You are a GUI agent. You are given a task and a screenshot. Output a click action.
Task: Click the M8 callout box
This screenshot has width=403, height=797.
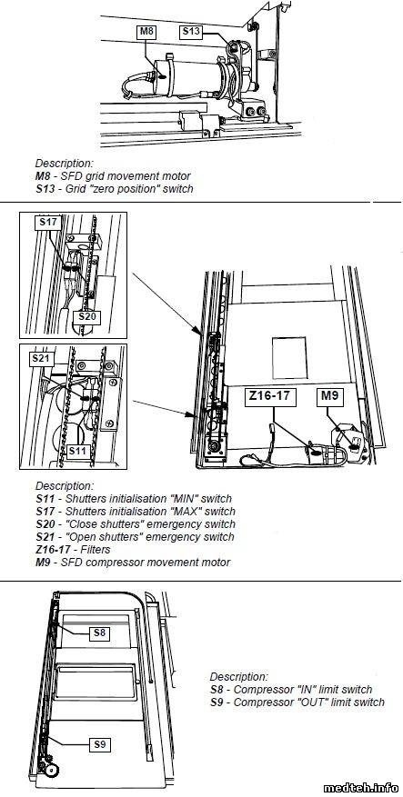click(x=146, y=32)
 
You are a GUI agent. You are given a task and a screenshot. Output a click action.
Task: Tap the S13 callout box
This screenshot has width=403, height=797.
click(x=191, y=32)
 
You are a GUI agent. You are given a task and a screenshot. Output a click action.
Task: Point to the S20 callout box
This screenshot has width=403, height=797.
click(x=86, y=317)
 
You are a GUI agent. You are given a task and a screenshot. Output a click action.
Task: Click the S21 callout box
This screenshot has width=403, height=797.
click(x=41, y=358)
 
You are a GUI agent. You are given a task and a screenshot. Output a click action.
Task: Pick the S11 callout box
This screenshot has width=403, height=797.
click(x=78, y=451)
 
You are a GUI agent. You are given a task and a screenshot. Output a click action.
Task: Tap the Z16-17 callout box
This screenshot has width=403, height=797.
click(x=271, y=397)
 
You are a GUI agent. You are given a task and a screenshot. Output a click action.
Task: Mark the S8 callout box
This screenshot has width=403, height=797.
click(x=100, y=633)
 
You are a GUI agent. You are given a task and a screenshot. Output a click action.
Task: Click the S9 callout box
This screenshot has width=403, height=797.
click(x=100, y=744)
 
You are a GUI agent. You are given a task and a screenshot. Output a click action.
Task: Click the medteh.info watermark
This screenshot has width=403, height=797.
click(x=359, y=787)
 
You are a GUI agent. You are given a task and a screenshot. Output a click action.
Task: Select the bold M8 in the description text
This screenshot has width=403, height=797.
click(x=43, y=176)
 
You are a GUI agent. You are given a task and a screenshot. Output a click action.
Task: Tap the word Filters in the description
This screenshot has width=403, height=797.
click(x=96, y=550)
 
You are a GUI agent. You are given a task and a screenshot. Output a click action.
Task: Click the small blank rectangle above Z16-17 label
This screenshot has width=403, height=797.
click(x=290, y=359)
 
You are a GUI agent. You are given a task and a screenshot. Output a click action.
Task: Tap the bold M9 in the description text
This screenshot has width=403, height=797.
click(x=43, y=563)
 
